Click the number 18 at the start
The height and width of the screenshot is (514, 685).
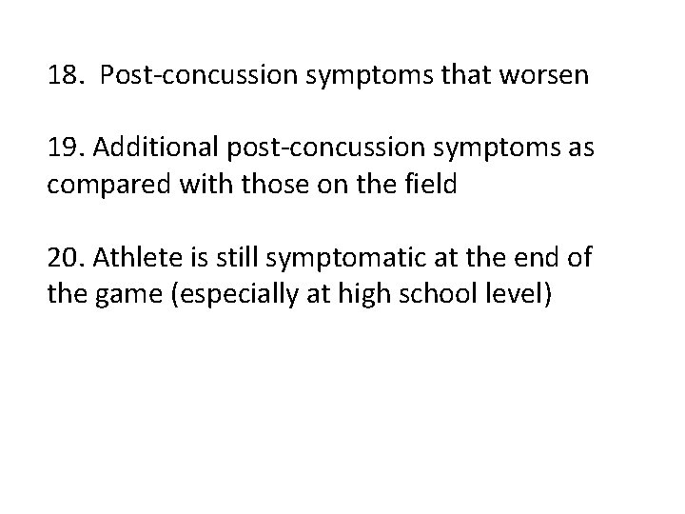(63, 75)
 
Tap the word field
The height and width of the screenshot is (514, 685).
(432, 185)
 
